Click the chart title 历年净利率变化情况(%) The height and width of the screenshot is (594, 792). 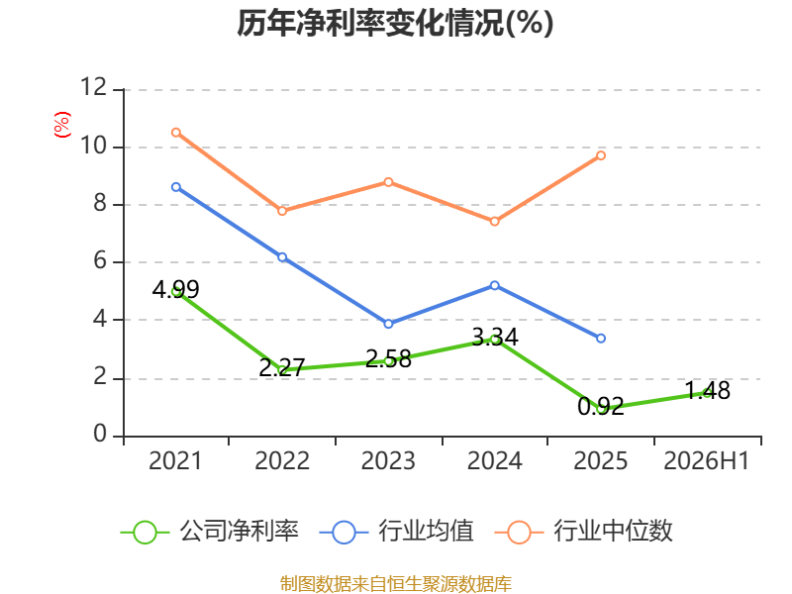395,23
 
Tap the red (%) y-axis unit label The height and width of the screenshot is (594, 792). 62,125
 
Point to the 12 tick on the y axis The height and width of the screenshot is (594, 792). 94,87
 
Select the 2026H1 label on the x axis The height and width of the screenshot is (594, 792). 706,460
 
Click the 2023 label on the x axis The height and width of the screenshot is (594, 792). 388,460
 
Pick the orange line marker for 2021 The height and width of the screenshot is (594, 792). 176,133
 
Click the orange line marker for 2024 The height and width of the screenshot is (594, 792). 494,221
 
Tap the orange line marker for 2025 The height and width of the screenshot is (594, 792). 601,155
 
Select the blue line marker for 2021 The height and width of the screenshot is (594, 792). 176,187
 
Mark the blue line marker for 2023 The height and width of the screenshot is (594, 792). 388,324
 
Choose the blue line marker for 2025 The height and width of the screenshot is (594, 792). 601,338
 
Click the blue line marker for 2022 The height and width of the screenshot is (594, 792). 282,257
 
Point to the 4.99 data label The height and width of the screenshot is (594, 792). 176,289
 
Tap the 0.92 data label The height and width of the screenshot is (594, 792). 601,407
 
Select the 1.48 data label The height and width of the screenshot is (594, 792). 707,390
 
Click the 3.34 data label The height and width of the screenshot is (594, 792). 495,337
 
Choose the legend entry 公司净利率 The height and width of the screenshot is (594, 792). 210,532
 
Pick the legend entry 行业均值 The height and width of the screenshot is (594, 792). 397,532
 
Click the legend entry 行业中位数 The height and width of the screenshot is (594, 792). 583,532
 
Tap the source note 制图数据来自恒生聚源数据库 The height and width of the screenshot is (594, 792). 395,584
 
